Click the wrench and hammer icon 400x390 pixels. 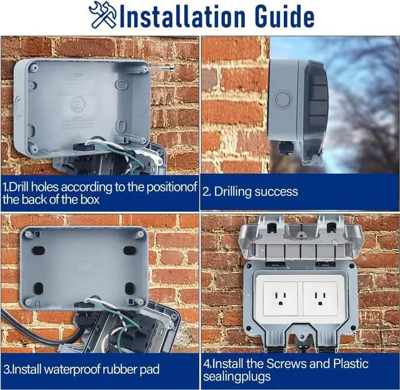pos(102,15)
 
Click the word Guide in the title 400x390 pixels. pos(284,16)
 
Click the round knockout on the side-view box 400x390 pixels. pos(284,99)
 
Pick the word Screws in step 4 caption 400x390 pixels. pos(286,364)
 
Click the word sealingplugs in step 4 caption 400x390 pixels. pos(237,377)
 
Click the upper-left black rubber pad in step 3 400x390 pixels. pos(39,250)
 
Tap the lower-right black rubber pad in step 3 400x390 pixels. pos(130,288)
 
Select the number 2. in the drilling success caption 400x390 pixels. pos(207,192)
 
